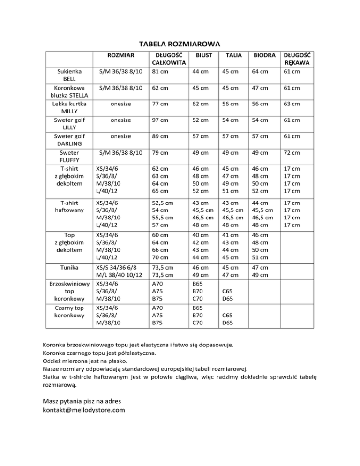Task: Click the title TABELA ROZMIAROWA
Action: click(x=180, y=44)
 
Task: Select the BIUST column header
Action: click(x=204, y=56)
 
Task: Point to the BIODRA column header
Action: click(x=264, y=56)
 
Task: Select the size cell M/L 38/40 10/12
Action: click(x=118, y=275)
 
